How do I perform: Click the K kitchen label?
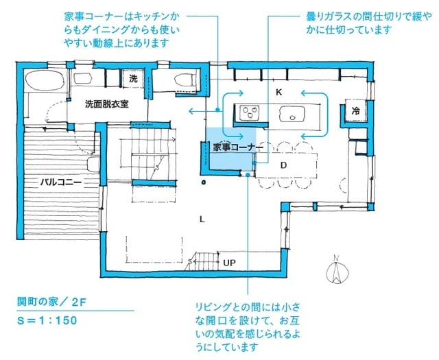click(x=279, y=92)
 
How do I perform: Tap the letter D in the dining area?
click(x=283, y=165)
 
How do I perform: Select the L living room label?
click(x=202, y=219)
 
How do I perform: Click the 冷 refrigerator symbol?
click(x=356, y=110)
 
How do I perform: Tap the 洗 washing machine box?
click(x=134, y=79)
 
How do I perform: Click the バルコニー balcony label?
click(x=61, y=183)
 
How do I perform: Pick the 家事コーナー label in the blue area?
click(x=233, y=147)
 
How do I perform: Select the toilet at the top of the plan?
click(x=185, y=81)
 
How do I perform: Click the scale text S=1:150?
click(x=47, y=320)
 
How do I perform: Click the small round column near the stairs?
click(x=204, y=182)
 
